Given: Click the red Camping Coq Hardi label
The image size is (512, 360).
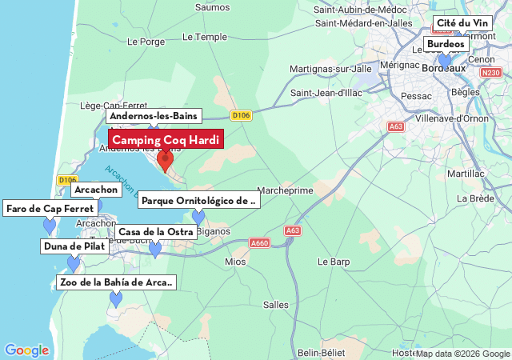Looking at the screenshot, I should point(166,140).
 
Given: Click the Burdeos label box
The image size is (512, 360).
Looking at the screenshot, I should point(446,44).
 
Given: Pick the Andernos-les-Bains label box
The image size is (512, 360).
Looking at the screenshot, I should point(154,116).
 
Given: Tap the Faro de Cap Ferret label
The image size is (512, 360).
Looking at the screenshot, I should point(50,209).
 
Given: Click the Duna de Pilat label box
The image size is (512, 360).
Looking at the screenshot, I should point(73,246).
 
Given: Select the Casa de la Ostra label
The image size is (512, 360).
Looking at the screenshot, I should point(156,232).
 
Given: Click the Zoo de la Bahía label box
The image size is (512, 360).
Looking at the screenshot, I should point(116,282).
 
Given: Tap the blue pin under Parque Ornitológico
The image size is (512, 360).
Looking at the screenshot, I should point(198,217).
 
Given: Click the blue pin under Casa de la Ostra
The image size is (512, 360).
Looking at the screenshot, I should point(155,249).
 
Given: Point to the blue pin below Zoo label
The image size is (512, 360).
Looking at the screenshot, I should point(116,299).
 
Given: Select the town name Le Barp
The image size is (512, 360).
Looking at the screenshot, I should point(334,262).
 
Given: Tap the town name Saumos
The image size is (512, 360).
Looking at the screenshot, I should point(212,7).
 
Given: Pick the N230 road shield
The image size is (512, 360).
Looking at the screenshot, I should point(490,73).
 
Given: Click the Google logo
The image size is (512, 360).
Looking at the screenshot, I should point(26,350).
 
